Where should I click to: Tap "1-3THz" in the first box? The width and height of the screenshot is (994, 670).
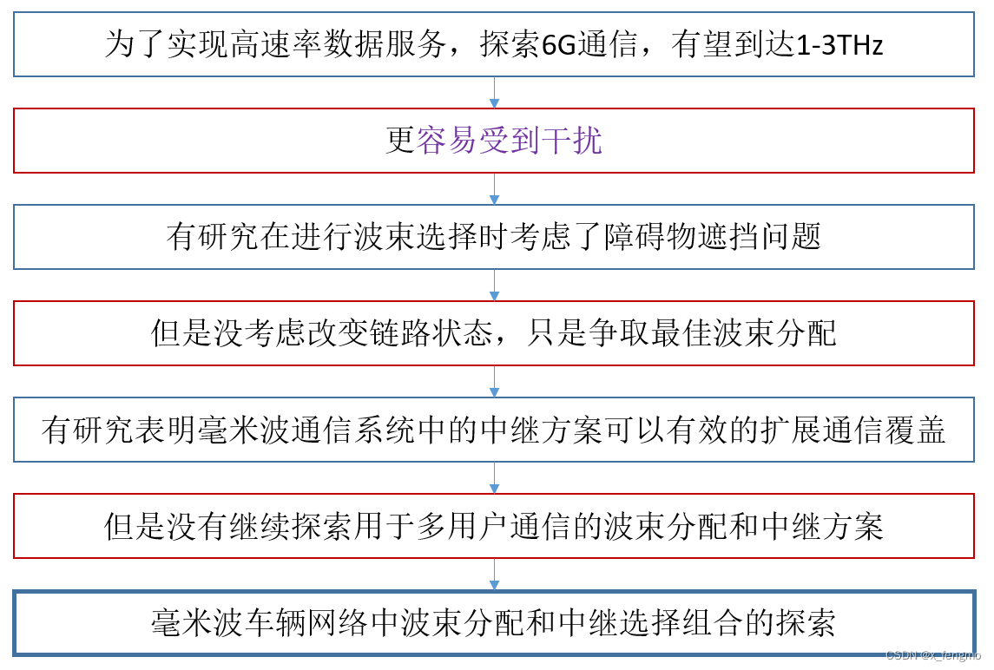(x=839, y=45)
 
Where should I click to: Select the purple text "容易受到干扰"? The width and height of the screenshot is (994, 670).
(x=510, y=141)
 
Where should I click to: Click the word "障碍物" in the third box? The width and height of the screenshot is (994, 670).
(x=641, y=237)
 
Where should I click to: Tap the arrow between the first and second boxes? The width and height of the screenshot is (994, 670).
(x=495, y=93)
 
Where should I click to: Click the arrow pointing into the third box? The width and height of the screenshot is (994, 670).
(x=495, y=189)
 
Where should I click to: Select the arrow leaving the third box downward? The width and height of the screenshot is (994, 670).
(x=495, y=286)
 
